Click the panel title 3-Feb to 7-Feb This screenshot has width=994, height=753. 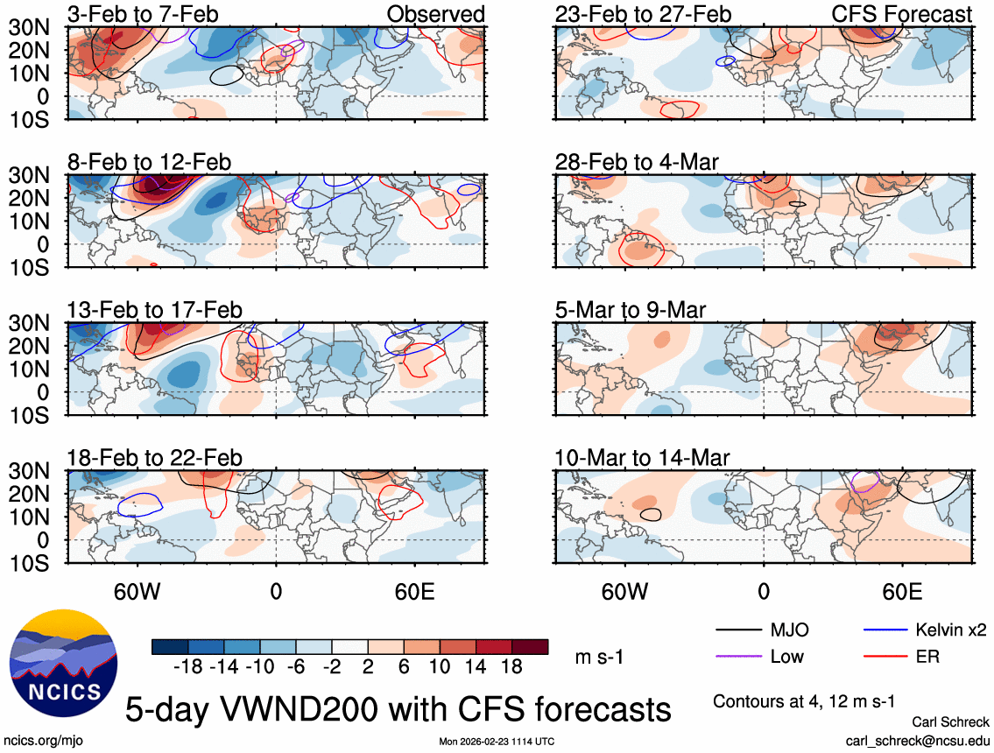pos(144,14)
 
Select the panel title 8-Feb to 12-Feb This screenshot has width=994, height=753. pos(149,163)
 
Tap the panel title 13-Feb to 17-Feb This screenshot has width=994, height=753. pos(154,311)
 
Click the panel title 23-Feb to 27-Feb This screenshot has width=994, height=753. pos(643,14)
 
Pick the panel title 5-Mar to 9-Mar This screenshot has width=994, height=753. pos(631,311)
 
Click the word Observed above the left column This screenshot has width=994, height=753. pos(436,14)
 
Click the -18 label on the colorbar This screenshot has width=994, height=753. pos(189,666)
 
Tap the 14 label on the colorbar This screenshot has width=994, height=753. pos(480,666)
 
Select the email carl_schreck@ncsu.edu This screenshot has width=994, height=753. pos(917,740)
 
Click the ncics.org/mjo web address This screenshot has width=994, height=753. pos(39,741)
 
